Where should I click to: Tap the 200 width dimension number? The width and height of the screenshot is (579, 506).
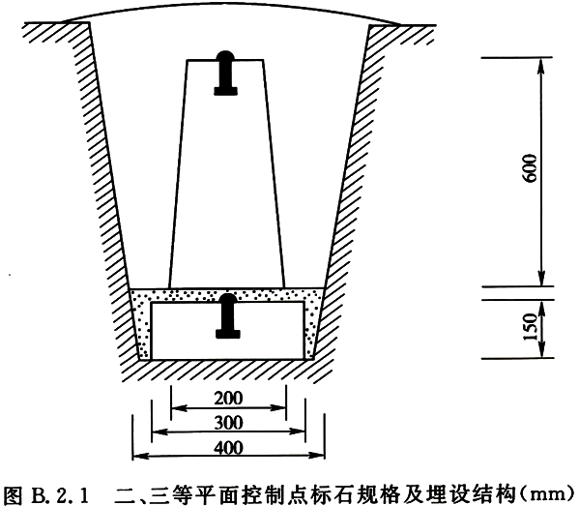pos(228,398)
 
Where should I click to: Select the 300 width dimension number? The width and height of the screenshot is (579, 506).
pos(228,423)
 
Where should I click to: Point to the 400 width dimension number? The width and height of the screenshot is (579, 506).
pos(228,448)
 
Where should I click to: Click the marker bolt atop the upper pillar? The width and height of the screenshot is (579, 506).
pos(225,73)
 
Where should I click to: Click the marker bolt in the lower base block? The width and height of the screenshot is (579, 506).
pos(228,316)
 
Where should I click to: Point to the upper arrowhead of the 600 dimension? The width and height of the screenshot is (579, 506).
pos(541,64)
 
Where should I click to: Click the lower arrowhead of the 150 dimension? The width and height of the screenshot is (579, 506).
pos(541,352)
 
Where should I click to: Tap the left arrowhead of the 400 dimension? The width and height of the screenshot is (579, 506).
pos(139,456)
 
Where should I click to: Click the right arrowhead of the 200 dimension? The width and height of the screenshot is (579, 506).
pos(279,408)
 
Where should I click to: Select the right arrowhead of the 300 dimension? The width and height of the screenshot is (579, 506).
pos(299,431)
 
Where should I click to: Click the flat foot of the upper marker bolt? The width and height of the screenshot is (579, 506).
pos(225,91)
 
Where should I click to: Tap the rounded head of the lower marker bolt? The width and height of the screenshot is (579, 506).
pos(228,298)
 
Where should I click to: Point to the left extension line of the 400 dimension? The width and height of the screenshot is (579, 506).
pos(132,437)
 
